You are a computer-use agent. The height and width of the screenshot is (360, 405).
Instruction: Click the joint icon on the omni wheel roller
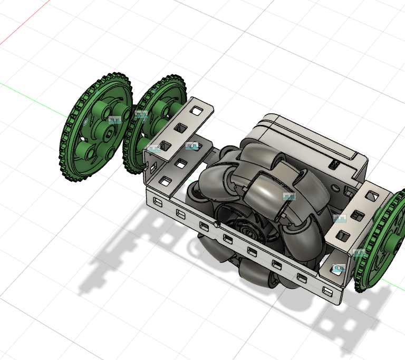tap(289, 197)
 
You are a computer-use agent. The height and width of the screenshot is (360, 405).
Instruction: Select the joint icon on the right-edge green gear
tap(360, 253)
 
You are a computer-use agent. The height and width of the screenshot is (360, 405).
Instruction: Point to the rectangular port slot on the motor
tap(334, 164)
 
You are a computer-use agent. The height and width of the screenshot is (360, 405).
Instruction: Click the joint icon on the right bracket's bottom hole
tap(339, 268)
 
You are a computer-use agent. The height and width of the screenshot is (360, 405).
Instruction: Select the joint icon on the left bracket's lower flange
tap(153, 149)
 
